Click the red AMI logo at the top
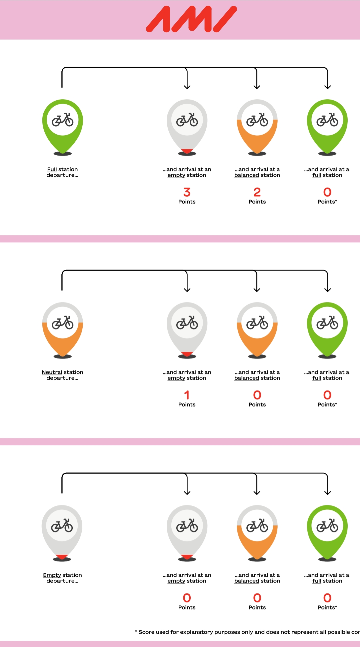point(191,19)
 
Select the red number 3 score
point(187,192)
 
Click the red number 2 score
point(257,192)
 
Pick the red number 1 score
point(187,395)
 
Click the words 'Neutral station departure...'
point(62,375)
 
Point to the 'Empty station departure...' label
point(62,578)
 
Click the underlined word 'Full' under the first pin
point(52,170)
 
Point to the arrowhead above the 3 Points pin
point(187,87)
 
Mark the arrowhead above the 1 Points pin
point(187,290)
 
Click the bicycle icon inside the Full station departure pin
point(63,120)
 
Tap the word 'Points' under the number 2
point(257,202)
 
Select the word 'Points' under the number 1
point(187,405)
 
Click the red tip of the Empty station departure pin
point(62,557)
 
